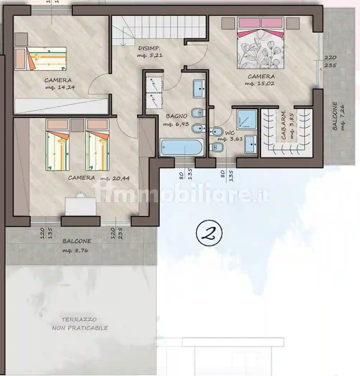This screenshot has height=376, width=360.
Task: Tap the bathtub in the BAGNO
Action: tap(182, 148)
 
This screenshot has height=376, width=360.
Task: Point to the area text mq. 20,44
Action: tap(115, 178)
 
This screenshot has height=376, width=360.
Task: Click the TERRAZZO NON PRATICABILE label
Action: tap(80, 324)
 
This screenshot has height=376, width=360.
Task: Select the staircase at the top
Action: tap(160, 30)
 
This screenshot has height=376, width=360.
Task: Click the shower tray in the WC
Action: tap(247, 120)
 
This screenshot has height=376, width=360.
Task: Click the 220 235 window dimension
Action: tap(330, 61)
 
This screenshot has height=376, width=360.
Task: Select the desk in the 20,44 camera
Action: tap(80, 206)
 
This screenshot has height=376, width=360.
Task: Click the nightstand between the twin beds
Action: tap(77, 125)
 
